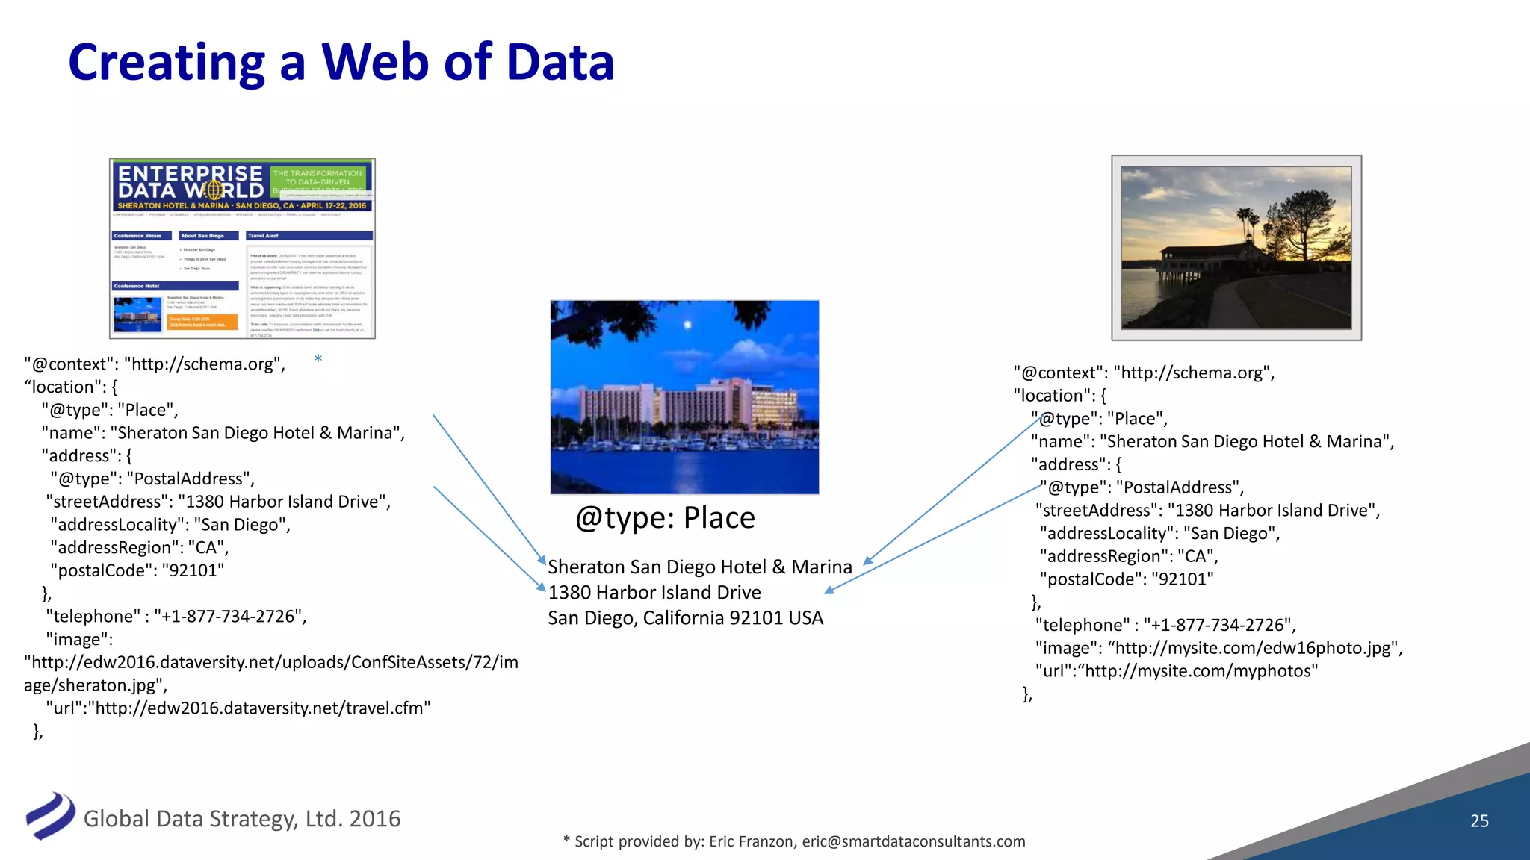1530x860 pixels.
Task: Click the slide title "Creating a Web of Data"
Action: click(341, 63)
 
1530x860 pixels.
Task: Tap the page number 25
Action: click(1479, 821)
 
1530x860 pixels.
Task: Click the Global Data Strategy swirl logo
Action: click(50, 816)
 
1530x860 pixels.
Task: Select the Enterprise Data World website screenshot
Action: click(242, 249)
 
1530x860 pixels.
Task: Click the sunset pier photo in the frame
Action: click(1236, 248)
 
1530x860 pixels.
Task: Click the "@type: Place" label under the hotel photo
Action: click(665, 518)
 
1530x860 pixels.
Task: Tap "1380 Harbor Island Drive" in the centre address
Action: click(654, 593)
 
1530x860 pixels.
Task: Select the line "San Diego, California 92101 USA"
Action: click(685, 618)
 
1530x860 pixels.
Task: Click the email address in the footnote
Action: click(913, 841)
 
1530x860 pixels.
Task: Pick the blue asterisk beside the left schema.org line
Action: click(318, 359)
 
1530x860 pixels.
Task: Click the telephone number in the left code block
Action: click(230, 617)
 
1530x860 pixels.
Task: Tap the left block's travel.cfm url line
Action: click(239, 708)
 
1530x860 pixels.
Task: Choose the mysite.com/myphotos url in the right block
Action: click(1177, 671)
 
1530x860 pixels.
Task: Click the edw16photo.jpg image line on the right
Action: click(1219, 648)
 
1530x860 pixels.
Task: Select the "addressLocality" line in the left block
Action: click(170, 525)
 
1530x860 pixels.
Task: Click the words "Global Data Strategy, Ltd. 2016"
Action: click(242, 819)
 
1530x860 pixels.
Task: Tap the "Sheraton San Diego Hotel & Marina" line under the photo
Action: click(700, 567)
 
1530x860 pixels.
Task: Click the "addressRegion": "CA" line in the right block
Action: click(1129, 556)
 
